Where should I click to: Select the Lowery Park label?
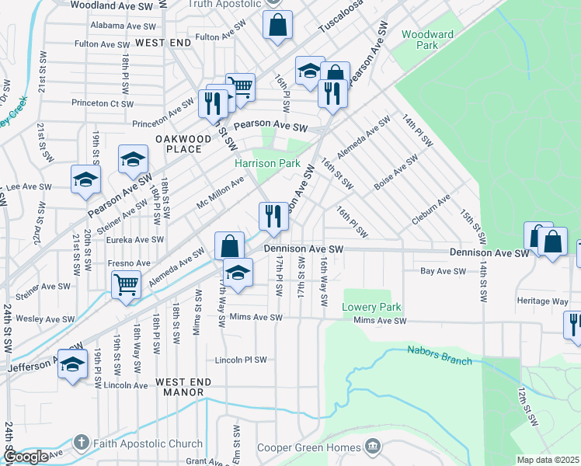point(364,307)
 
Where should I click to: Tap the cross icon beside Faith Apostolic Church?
point(81,444)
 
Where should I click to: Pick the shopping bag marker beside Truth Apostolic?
point(277,25)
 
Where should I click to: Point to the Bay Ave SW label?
point(442,271)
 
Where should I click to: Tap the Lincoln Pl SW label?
point(241,360)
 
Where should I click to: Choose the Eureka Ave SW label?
point(137,240)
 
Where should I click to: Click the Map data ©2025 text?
point(548,460)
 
